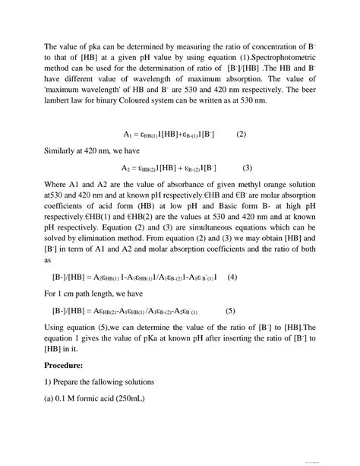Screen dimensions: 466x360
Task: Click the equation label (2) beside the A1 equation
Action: [x=241, y=134]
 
